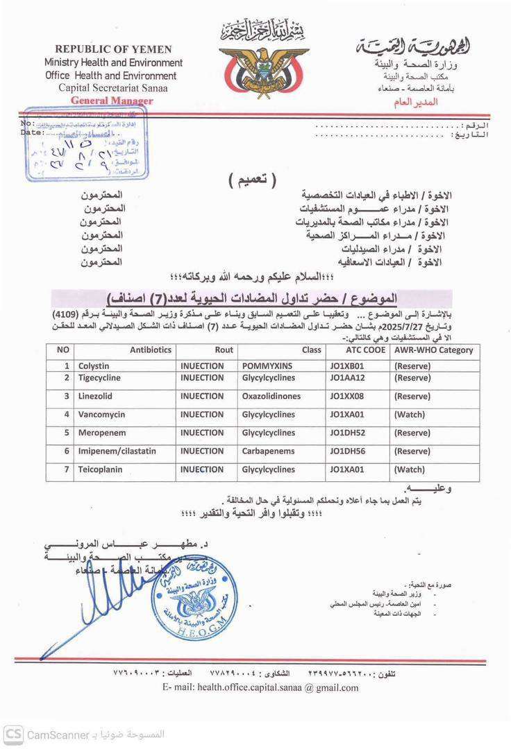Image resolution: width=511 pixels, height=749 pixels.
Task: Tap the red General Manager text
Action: click(112, 101)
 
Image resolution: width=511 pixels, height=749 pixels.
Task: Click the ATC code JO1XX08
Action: click(348, 396)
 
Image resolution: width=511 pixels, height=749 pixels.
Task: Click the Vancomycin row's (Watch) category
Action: click(410, 415)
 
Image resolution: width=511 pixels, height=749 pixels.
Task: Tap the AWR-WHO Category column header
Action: click(433, 350)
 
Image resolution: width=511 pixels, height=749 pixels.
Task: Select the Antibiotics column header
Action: click(150, 350)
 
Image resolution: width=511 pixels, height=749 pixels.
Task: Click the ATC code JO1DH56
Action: click(348, 451)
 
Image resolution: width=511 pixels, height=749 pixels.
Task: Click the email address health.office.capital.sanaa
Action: click(261, 688)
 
